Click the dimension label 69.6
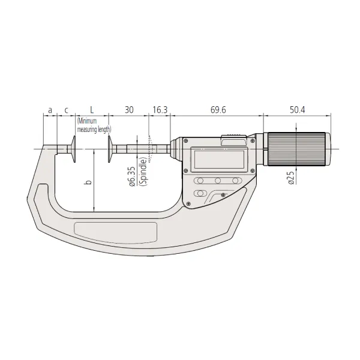pyautogui.click(x=218, y=110)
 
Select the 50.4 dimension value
pyautogui.click(x=298, y=110)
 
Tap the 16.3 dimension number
pyautogui.click(x=160, y=110)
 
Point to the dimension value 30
pyautogui.click(x=128, y=110)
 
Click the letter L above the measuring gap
pyautogui.click(x=91, y=110)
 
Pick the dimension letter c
pyautogui.click(x=66, y=110)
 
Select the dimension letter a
pyautogui.click(x=50, y=110)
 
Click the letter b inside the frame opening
pyautogui.click(x=88, y=181)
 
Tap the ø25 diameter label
pyautogui.click(x=290, y=178)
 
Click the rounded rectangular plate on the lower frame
pyautogui.click(x=116, y=230)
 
